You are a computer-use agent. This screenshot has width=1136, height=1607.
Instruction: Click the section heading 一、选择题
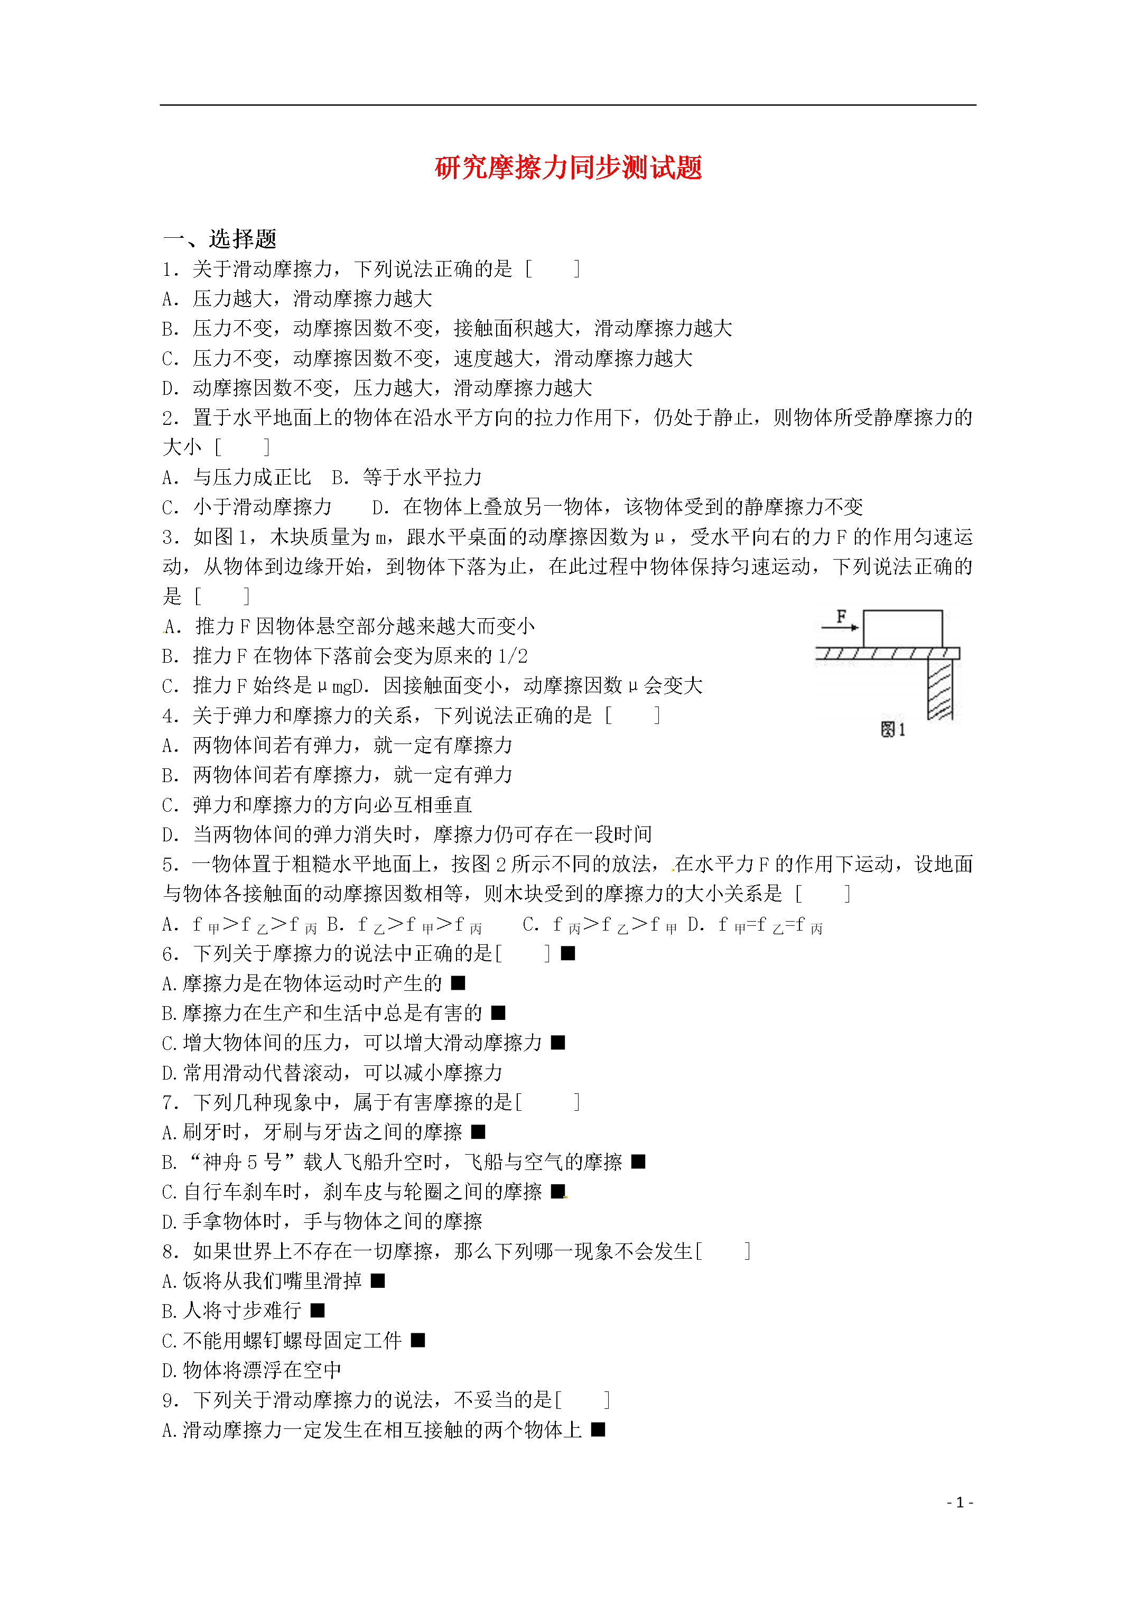(220, 239)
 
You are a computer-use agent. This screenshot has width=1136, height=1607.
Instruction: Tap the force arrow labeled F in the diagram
(840, 626)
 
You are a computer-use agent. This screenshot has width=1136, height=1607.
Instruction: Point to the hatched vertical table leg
(939, 690)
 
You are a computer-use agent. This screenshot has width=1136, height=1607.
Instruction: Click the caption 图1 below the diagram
(892, 729)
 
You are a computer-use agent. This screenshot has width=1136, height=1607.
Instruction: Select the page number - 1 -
(960, 1502)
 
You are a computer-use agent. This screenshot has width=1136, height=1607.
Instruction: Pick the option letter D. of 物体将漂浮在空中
(170, 1370)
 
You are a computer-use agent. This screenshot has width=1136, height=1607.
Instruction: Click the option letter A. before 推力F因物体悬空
(172, 626)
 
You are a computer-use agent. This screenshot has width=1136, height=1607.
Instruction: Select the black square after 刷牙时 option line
(478, 1132)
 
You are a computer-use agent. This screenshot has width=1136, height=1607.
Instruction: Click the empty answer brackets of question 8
(724, 1251)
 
